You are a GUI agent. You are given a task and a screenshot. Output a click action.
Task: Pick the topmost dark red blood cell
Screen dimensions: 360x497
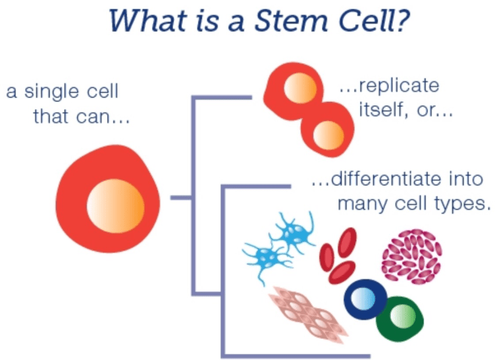(x=348, y=242)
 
